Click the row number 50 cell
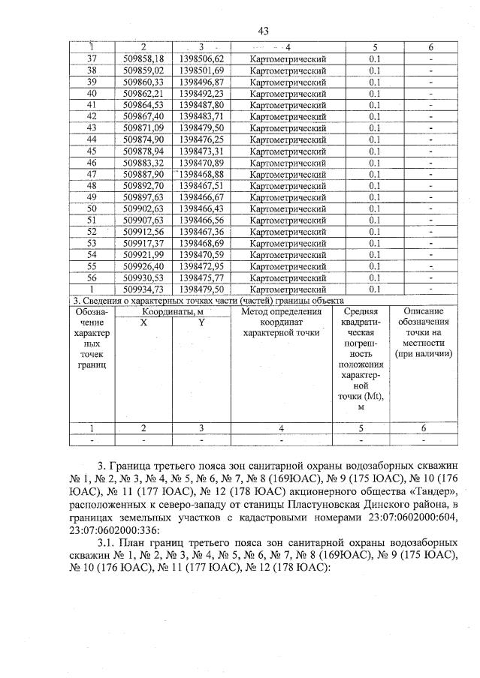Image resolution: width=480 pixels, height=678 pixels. tap(92, 208)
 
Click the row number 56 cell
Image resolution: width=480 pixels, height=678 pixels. tap(92, 277)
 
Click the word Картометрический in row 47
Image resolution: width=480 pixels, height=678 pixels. tap(288, 173)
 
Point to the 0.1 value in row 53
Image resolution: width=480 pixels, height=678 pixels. tap(375, 243)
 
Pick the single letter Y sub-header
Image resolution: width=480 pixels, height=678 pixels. tap(201, 322)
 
